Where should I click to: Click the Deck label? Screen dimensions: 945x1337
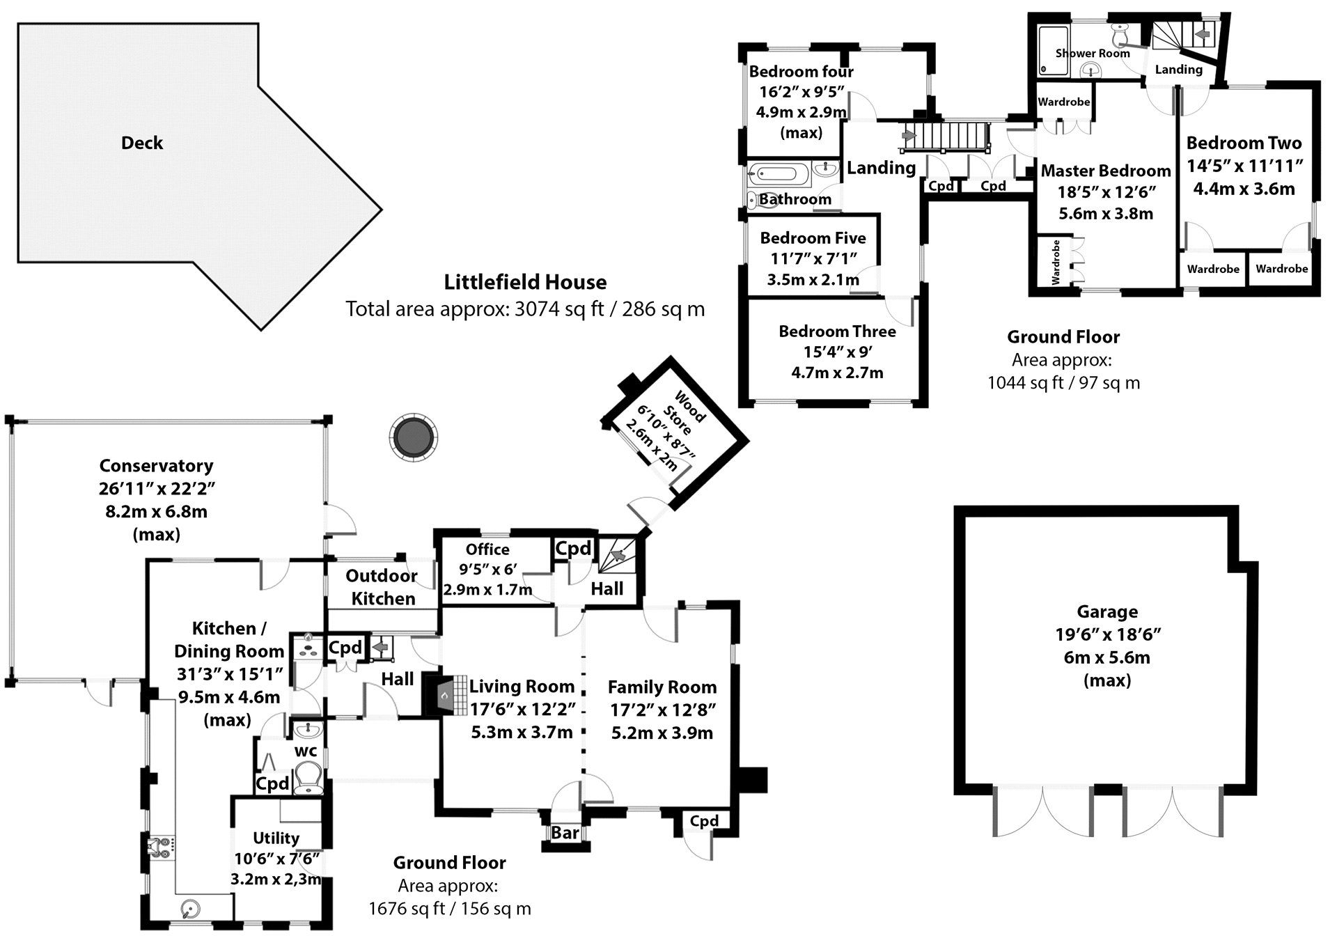point(142,143)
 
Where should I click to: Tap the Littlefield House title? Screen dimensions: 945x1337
point(525,282)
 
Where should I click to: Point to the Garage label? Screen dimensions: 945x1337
point(1107,611)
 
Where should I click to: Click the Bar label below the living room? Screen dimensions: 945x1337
point(565,833)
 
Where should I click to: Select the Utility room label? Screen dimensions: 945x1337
point(276,838)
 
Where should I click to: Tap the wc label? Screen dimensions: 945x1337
point(306,751)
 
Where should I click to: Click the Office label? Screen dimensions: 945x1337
point(487,549)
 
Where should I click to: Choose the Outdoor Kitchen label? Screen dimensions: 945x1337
point(382,587)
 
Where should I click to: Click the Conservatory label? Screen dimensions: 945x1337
point(156,465)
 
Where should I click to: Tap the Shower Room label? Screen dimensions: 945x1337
point(1092,53)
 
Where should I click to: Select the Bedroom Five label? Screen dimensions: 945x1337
point(813,238)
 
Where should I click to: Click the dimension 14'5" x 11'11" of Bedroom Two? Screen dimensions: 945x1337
point(1244,166)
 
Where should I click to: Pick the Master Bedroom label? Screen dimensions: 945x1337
point(1106,171)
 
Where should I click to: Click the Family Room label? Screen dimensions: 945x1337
point(662,687)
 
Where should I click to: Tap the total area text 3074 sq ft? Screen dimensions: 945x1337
point(558,309)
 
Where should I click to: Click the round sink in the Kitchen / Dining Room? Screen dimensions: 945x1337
point(189,908)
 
